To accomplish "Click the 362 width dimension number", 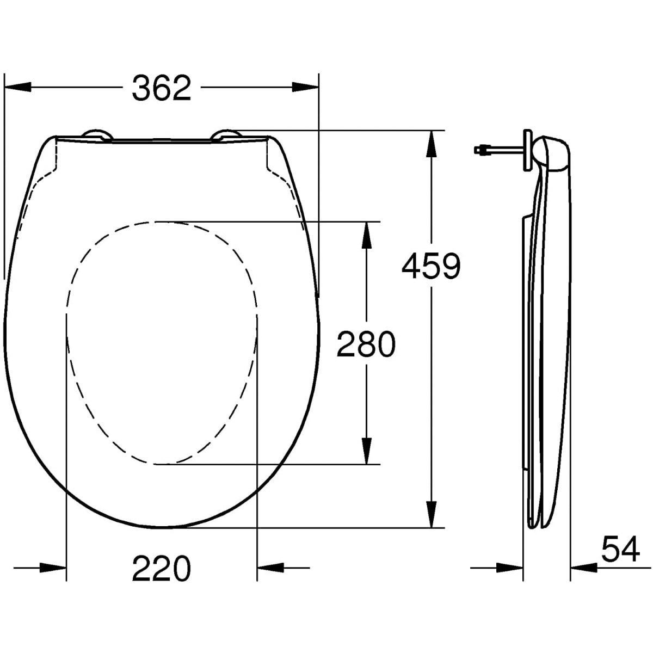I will pos(162,88).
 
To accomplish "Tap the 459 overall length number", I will pos(431,267).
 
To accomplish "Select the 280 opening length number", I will pos(366,344).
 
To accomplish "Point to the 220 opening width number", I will pos(162,569).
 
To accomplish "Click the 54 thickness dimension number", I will pos(620,550).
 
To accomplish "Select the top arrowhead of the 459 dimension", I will pos(432,144).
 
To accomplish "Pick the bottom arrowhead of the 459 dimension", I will pos(432,514).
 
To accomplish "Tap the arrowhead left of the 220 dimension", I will pos(53,568).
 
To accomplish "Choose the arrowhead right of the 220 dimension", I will pos(270,568).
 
